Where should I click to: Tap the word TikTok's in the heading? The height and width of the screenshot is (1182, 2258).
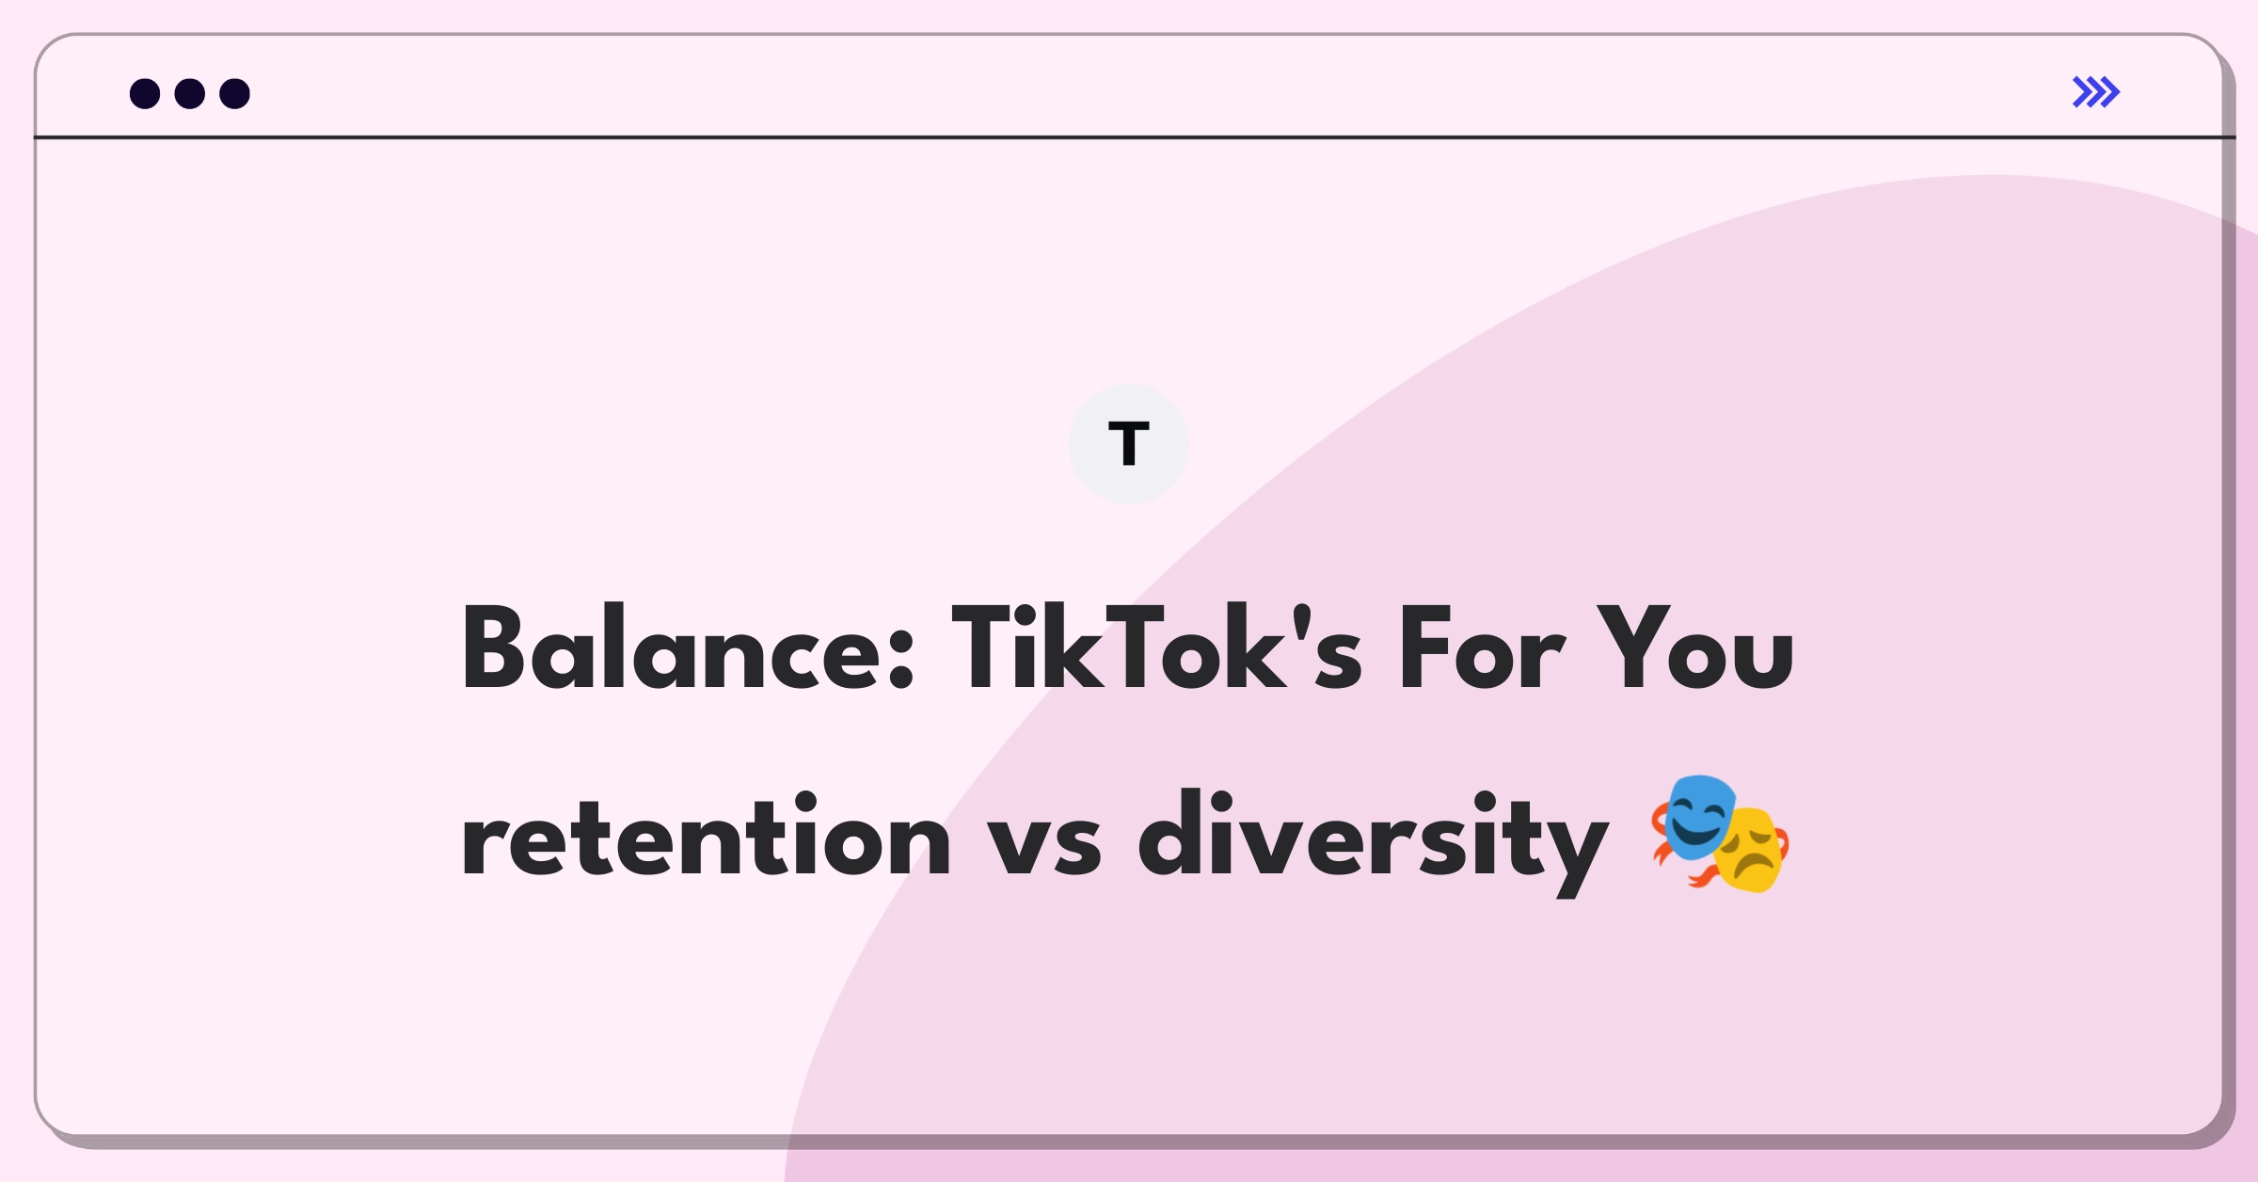(x=1157, y=647)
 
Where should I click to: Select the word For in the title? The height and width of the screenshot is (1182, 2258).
(x=1483, y=647)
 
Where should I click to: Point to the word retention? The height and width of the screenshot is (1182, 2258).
(x=706, y=836)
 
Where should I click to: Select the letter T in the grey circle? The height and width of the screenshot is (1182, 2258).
(x=1129, y=443)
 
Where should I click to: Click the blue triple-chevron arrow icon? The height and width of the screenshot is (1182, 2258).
(x=2096, y=92)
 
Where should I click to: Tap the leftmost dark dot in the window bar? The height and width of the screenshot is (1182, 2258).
(x=145, y=93)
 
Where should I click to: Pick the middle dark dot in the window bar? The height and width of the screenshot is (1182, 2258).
(x=190, y=93)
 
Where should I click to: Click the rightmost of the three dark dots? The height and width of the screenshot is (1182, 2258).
(x=235, y=93)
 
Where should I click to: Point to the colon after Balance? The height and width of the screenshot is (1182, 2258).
(x=901, y=659)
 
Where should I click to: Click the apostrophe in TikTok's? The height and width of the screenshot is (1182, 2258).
(x=1303, y=621)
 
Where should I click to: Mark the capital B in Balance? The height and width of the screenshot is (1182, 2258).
(x=492, y=647)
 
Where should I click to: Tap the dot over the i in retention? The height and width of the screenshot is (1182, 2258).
(x=805, y=801)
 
